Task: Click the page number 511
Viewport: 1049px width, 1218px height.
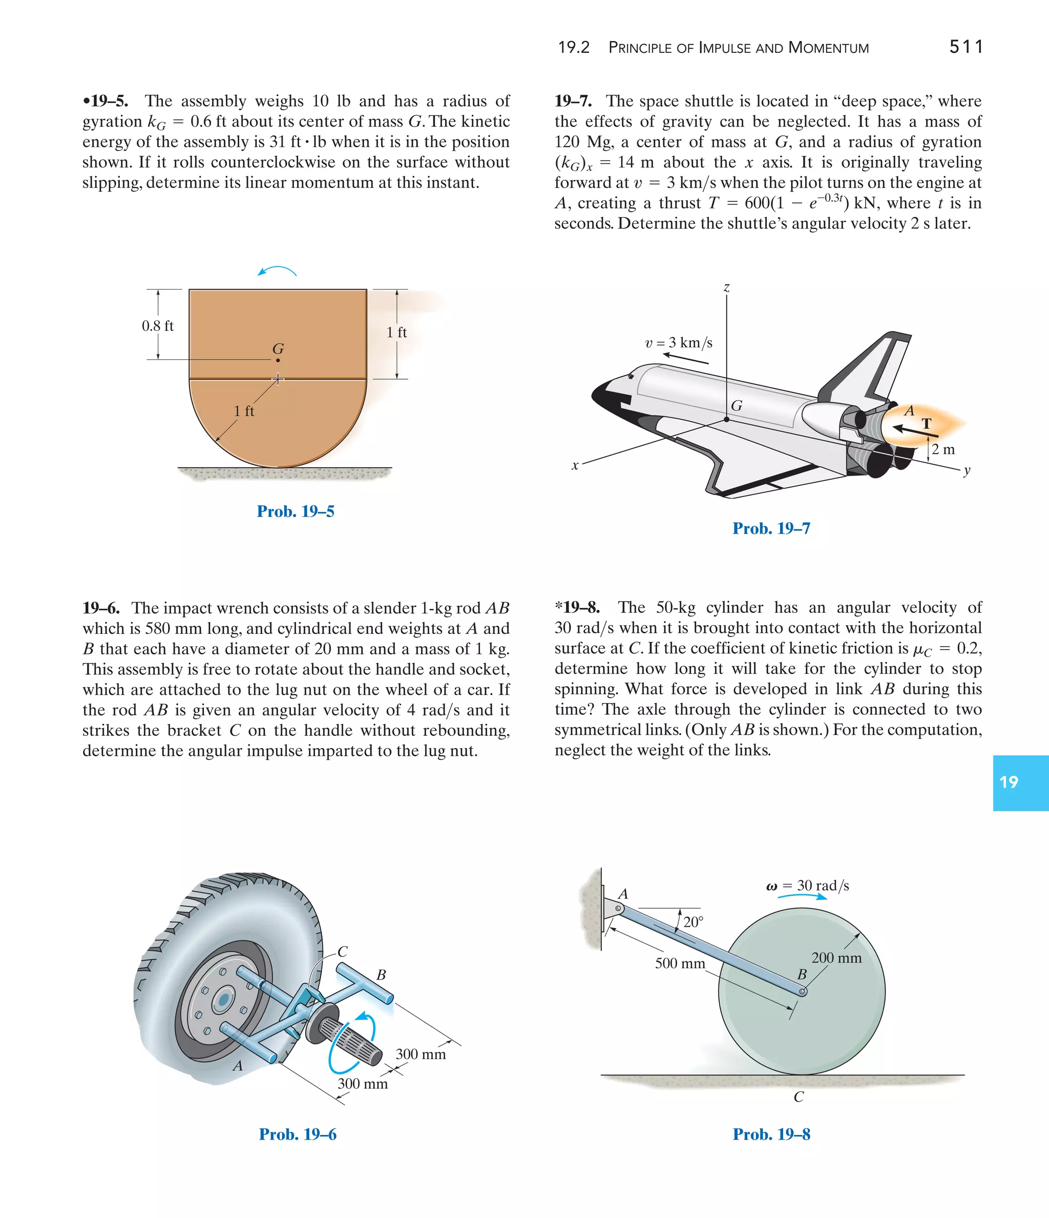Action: [966, 47]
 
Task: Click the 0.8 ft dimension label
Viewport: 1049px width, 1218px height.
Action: [157, 326]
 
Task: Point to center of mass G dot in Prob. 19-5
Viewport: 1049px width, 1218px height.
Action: [278, 360]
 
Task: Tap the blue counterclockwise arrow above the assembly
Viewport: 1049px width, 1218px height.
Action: [277, 271]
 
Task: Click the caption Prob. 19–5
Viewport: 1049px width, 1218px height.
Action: [295, 511]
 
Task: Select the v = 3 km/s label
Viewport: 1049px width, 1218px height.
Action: [679, 343]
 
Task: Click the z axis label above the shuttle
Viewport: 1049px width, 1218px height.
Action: [726, 287]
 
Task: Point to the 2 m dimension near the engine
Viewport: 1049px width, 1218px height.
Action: [943, 450]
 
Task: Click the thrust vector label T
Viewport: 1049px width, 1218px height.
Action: [927, 423]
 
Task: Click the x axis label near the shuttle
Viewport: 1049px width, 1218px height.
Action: [575, 466]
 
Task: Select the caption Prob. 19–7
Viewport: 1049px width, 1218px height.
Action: [771, 528]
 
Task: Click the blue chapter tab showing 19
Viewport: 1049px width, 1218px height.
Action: [1020, 782]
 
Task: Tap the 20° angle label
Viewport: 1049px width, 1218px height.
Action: [694, 922]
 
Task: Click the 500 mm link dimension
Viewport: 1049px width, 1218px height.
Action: [680, 963]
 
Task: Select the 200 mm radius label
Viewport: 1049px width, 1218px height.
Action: [836, 958]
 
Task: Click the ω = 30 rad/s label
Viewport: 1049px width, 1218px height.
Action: [808, 886]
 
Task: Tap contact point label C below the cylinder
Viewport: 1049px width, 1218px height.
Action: [798, 1097]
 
